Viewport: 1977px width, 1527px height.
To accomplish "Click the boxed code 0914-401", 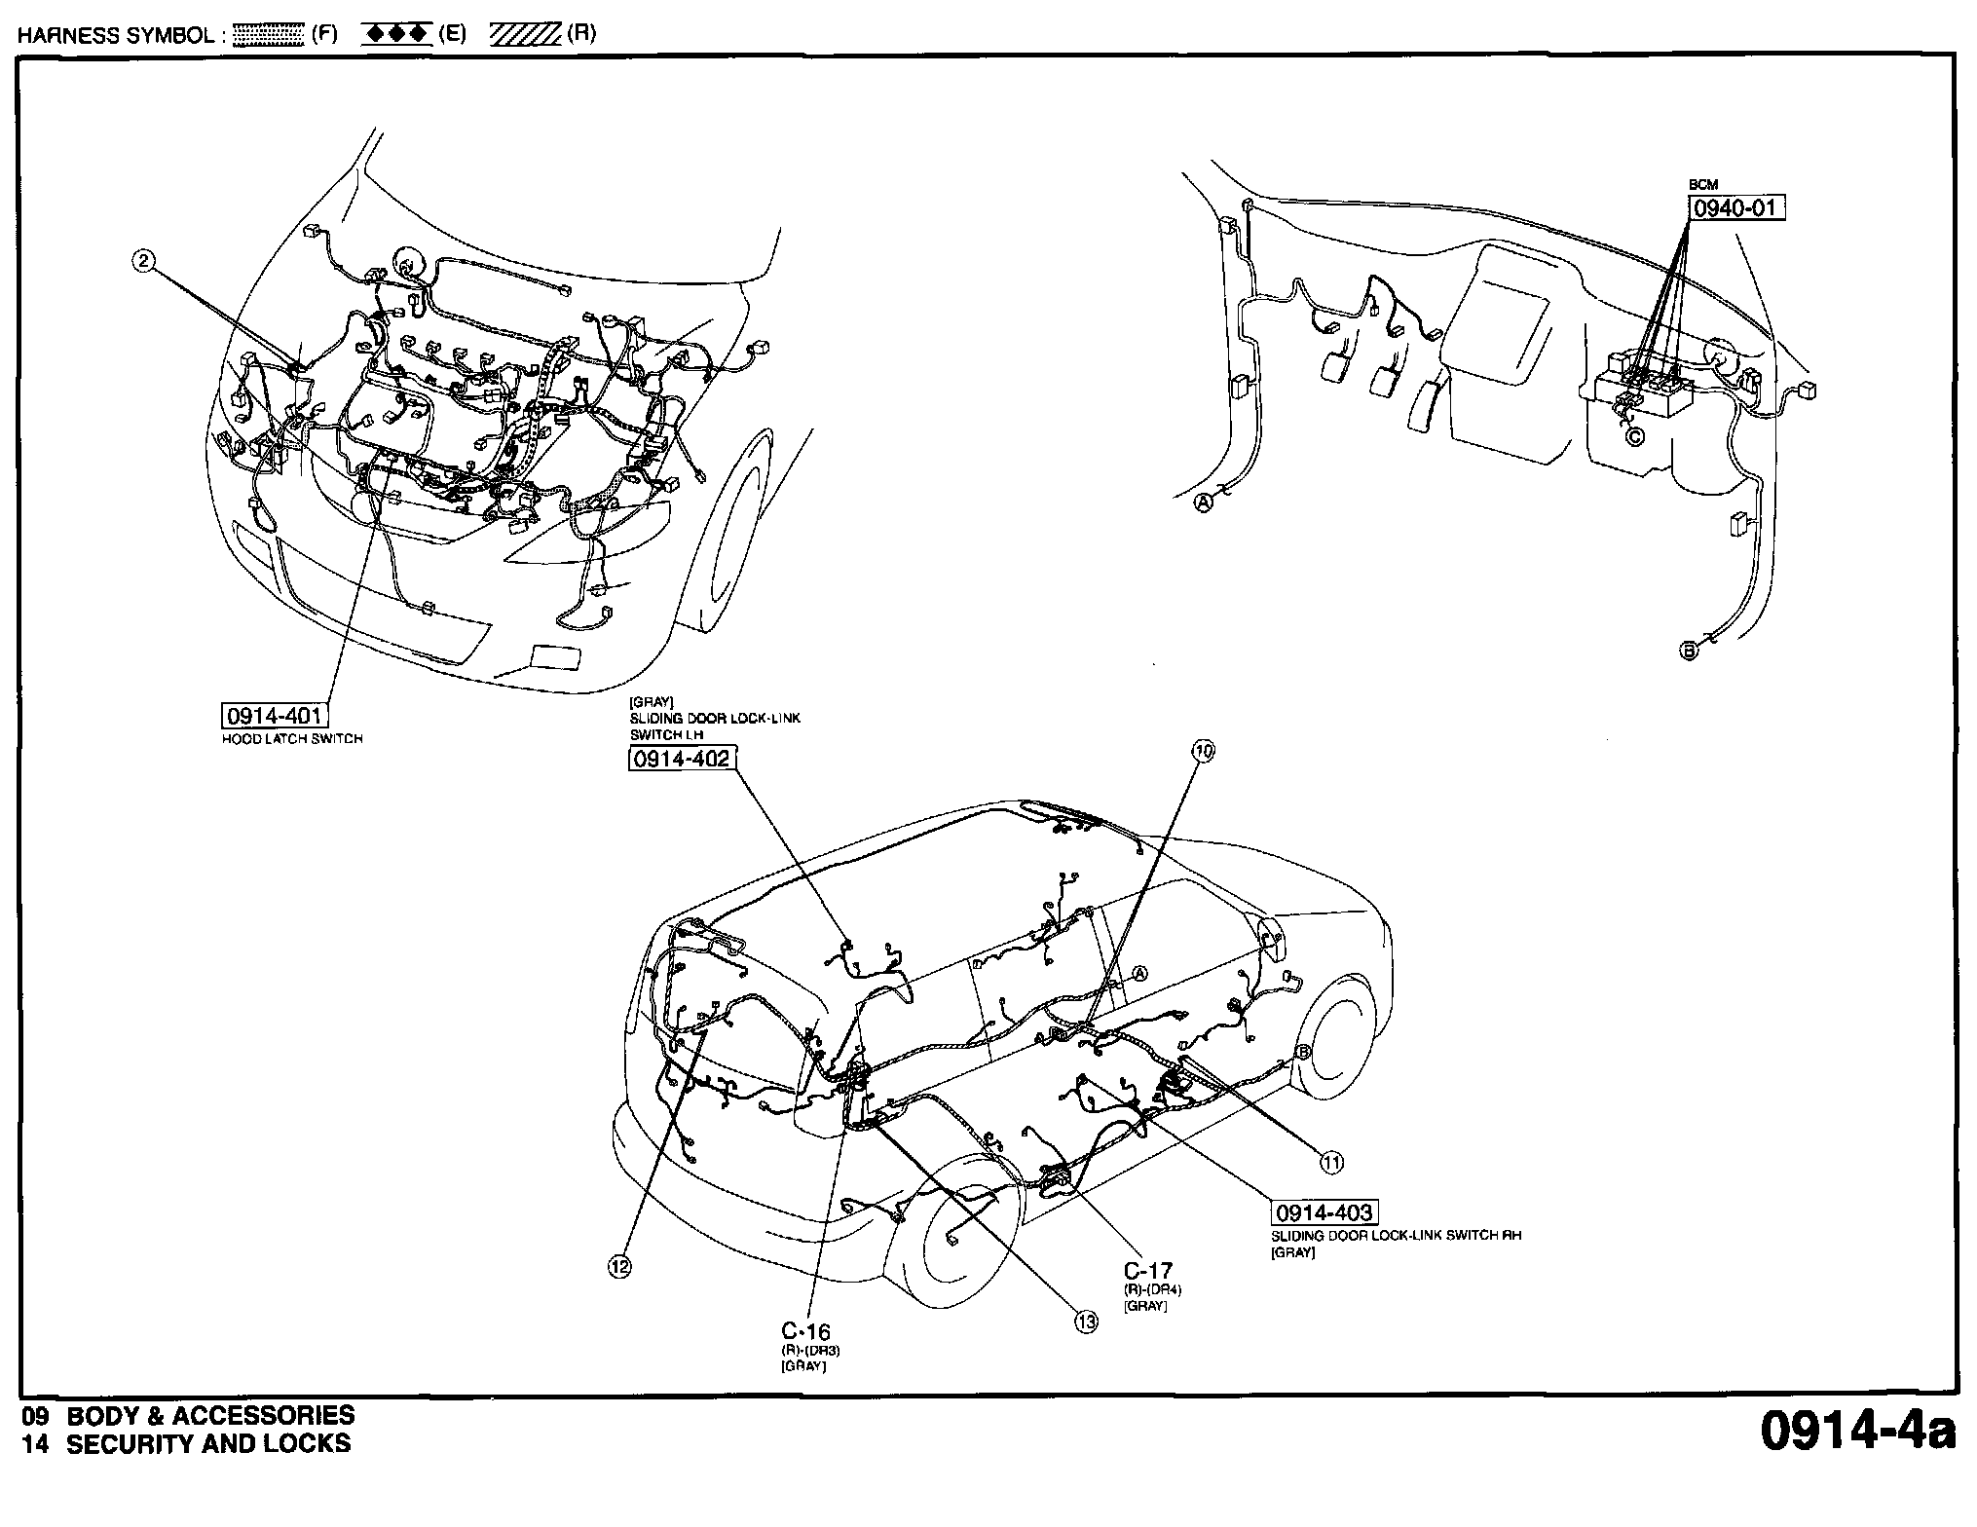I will click(274, 717).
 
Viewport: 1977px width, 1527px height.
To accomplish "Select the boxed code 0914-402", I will click(681, 759).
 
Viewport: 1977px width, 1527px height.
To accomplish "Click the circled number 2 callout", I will click(144, 260).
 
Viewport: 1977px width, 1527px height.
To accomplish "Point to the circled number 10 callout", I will click(1205, 750).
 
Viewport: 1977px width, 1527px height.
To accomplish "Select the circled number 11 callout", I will click(1331, 1162).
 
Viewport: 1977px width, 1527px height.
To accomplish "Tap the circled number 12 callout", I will click(619, 1266).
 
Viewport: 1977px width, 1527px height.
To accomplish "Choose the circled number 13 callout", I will click(1086, 1322).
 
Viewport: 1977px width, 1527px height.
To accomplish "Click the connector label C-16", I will click(805, 1331).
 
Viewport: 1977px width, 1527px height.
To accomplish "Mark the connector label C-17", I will click(1148, 1271).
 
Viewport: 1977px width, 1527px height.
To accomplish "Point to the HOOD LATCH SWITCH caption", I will click(293, 739).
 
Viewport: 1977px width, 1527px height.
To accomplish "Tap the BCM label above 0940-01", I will click(1703, 185).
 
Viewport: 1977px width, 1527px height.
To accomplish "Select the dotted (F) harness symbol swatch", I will click(270, 35).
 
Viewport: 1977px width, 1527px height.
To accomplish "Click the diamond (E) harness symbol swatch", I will click(396, 35).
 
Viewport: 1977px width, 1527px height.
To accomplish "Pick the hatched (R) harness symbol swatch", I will click(525, 35).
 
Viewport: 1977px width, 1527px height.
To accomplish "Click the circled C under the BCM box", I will click(1635, 437).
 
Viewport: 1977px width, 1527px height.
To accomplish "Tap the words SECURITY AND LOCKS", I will click(207, 1443).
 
